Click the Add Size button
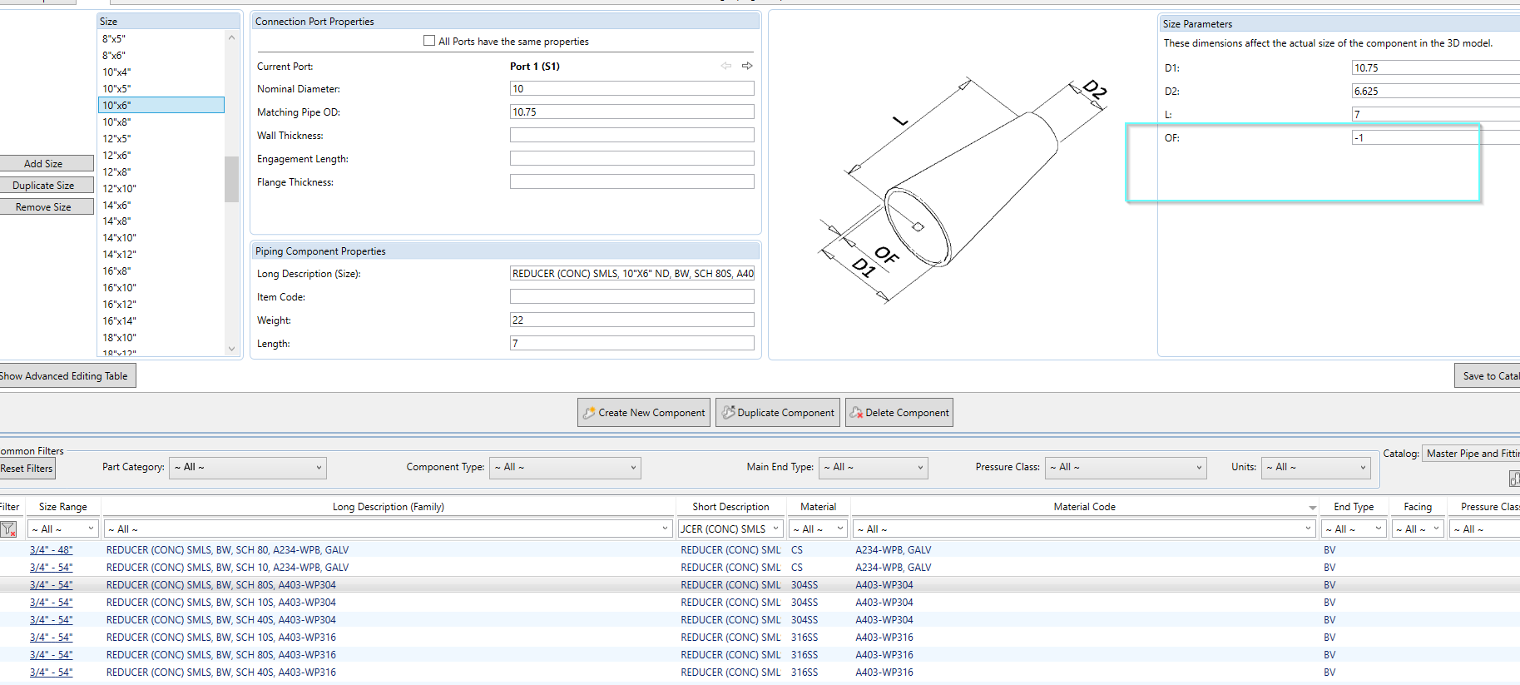43,164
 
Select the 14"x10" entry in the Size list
119,238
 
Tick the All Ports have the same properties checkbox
429,41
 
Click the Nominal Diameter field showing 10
631,88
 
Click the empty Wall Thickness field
631,135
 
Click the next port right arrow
747,66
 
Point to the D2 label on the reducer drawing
1095,90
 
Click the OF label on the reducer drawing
887,256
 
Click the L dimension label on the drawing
900,121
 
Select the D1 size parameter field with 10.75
1435,68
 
